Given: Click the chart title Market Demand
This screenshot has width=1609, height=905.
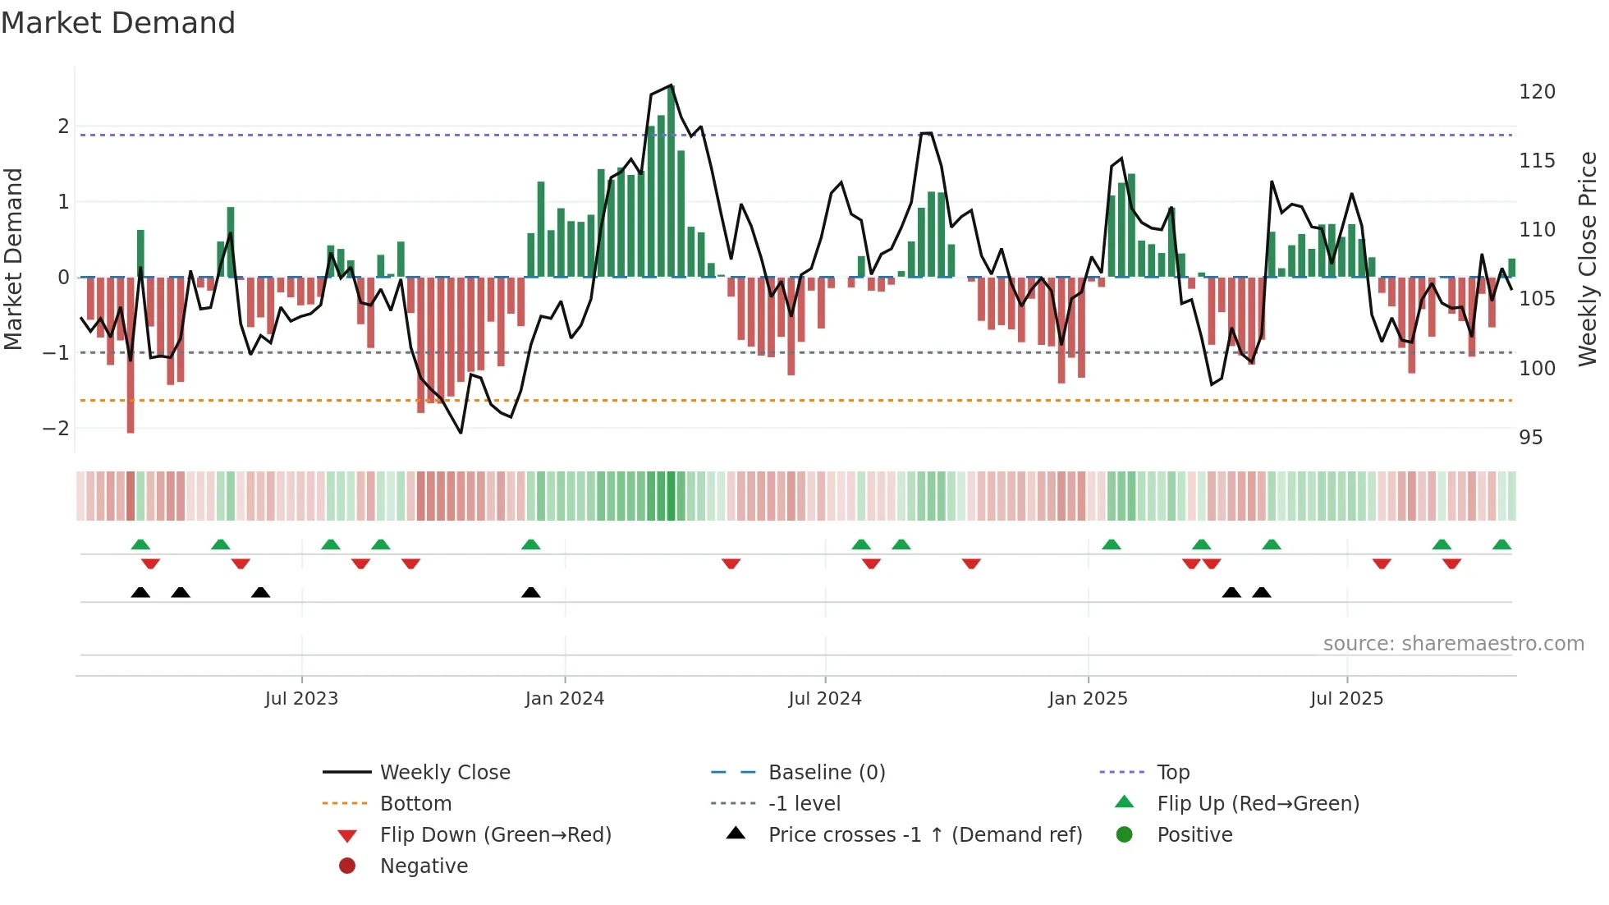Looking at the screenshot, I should tap(118, 23).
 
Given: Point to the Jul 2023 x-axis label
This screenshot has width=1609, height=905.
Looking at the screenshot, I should tap(301, 699).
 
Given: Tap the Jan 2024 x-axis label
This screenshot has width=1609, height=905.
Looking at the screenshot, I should tap(565, 699).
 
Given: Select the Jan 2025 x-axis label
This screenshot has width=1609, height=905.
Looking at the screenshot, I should tap(1088, 699).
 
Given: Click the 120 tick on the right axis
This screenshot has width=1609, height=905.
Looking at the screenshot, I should tap(1537, 92).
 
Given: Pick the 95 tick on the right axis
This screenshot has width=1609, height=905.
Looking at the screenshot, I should tap(1531, 438).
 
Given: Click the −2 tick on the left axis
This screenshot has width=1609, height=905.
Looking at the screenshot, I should tap(56, 429).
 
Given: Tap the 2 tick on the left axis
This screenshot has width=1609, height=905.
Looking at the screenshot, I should tap(63, 126).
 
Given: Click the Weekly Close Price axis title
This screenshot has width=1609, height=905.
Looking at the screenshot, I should tap(1588, 259).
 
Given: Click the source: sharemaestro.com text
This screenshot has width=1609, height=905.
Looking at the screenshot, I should tap(1453, 644).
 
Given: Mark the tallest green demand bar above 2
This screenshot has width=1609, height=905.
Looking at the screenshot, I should tap(671, 181).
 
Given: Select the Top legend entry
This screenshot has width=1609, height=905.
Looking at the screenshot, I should tap(1172, 773).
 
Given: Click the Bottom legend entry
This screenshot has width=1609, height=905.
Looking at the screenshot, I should tap(415, 804).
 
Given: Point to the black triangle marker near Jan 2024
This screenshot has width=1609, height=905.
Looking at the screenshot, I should tap(531, 592).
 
